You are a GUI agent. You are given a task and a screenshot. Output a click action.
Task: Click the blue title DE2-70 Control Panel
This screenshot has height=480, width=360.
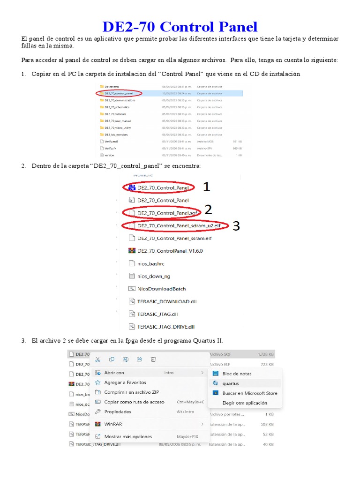pos(180,27)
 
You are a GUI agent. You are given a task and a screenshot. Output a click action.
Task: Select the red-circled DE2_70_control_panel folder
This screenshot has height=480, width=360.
pos(119,93)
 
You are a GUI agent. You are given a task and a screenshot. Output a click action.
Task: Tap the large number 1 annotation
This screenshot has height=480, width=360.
pos(206,187)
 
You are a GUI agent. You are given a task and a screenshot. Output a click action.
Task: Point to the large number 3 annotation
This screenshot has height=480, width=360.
pos(236,226)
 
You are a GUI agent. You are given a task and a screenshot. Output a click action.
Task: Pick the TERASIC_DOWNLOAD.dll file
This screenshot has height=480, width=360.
pos(166,301)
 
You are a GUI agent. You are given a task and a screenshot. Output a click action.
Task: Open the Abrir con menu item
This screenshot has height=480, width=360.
pos(114,373)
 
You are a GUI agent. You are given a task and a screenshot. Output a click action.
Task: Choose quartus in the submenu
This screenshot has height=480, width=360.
pos(231,383)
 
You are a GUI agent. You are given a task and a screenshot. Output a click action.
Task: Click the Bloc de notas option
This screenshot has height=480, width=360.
pos(237,374)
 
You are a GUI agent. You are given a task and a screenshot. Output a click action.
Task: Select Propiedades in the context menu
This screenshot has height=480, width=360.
pos(117,412)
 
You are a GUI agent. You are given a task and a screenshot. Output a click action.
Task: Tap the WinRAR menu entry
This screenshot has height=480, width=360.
pos(113,424)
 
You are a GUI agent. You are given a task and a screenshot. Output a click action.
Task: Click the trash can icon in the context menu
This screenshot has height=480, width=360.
pos(153,360)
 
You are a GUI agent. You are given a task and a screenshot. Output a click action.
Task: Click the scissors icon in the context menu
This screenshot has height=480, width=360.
pos(97,360)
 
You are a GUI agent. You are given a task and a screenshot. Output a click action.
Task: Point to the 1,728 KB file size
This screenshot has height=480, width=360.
pos(266,354)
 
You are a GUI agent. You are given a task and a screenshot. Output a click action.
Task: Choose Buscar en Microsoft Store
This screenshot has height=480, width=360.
pos(250,393)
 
